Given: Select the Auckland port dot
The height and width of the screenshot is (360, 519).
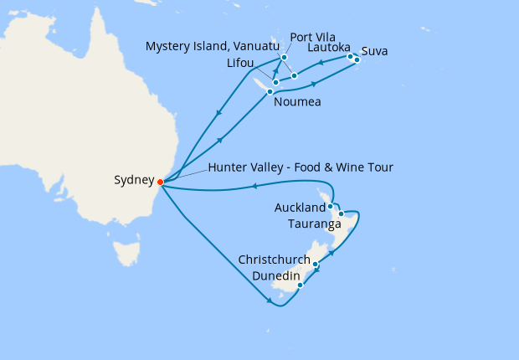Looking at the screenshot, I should coord(331,206).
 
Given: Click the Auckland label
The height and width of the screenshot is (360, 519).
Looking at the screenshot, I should coord(300,207).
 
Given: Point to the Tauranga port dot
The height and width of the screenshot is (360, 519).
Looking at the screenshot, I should coord(341,214).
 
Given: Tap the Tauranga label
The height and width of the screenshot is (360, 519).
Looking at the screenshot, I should coord(314,224).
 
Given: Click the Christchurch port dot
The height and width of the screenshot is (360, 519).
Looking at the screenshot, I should coord(315,265).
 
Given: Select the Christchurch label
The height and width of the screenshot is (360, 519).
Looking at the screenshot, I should coord(274,260).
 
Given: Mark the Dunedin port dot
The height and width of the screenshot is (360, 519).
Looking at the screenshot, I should coord(300,285).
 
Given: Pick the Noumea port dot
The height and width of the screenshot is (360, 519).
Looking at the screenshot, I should coord(270,91).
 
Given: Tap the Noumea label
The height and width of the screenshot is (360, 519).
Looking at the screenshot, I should coord(296,103).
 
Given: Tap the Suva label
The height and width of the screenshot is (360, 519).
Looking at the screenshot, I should coord(375,52).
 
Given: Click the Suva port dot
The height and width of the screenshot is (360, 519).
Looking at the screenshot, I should coord(357,60).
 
